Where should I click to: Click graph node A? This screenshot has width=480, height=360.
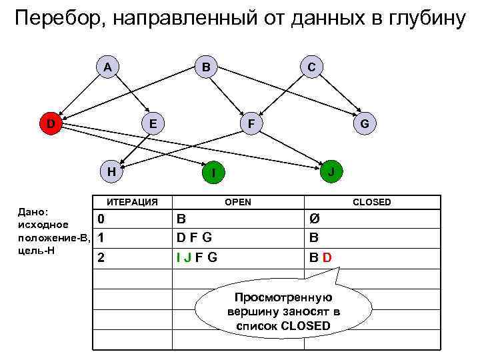click(107, 67)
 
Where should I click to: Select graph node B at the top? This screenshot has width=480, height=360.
click(206, 67)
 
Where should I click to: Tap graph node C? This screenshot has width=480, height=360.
click(311, 67)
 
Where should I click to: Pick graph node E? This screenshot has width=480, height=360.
click(153, 123)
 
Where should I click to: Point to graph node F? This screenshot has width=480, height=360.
click(250, 123)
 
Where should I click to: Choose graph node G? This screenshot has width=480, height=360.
click(364, 123)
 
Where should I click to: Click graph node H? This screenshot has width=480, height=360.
click(112, 171)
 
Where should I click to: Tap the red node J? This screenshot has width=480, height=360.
click(331, 171)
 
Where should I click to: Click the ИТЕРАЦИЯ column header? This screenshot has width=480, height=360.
click(133, 202)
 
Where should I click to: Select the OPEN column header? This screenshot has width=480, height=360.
click(238, 202)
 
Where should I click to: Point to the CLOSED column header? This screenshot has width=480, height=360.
click(371, 202)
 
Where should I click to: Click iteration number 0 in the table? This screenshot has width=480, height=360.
click(100, 219)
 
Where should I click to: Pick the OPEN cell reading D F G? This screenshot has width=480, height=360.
click(194, 237)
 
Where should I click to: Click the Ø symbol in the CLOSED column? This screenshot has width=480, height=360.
click(314, 219)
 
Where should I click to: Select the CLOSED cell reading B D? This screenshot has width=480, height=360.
click(320, 257)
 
